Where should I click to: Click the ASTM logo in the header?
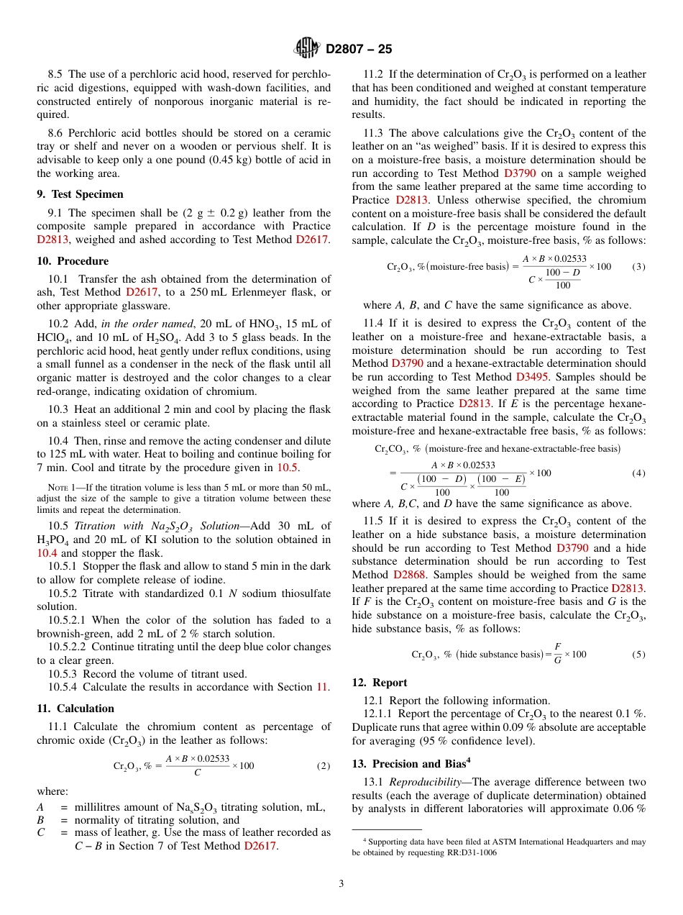click(x=308, y=49)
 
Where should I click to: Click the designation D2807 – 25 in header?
click(x=358, y=50)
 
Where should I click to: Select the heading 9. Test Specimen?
click(x=80, y=194)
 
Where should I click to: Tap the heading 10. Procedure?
click(x=73, y=261)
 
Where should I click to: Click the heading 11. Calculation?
click(x=75, y=709)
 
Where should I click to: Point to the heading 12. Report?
click(x=380, y=683)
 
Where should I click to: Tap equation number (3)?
click(x=638, y=267)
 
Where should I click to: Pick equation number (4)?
click(x=638, y=473)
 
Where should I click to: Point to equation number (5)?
click(x=638, y=655)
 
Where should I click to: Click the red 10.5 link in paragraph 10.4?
click(x=287, y=468)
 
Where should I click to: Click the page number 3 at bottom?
click(x=341, y=883)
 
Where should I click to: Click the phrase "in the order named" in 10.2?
click(x=143, y=324)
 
